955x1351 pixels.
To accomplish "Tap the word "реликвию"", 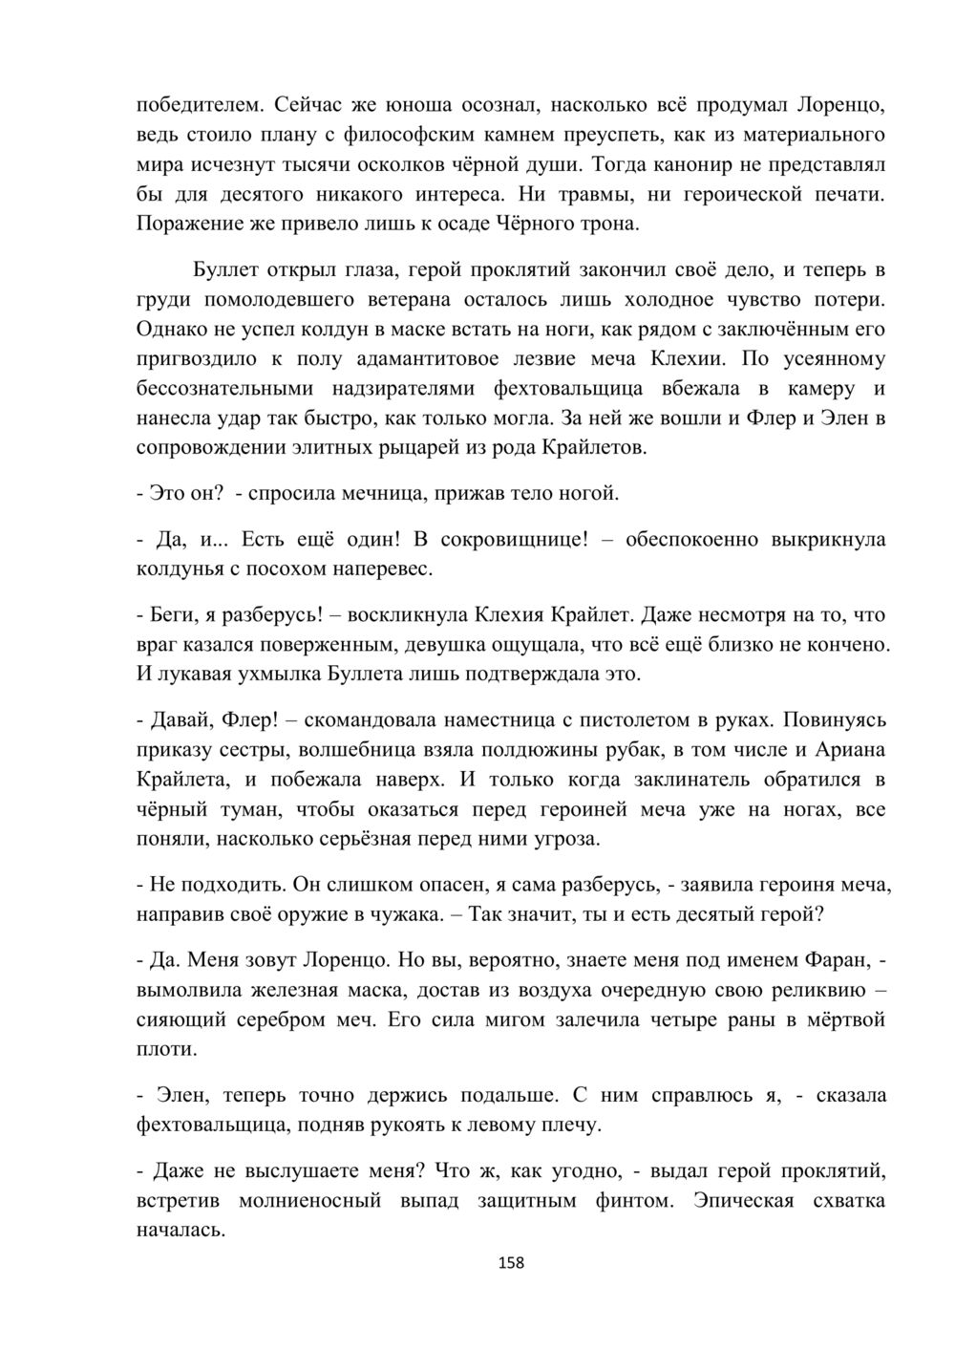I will click(x=807, y=989).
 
